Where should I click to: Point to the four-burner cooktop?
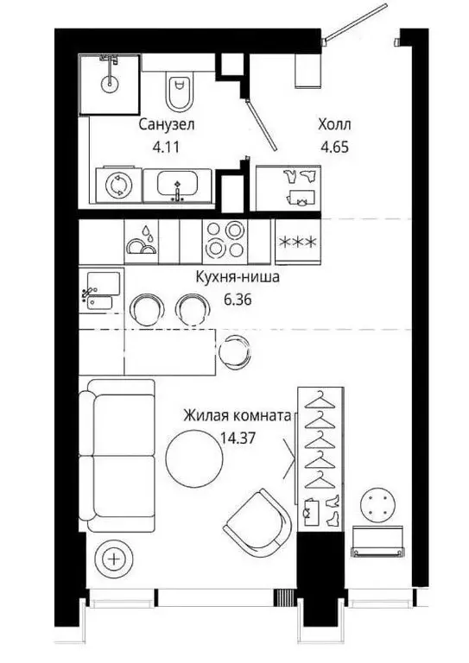[225, 240]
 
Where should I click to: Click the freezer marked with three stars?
[299, 241]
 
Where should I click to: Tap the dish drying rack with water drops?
[143, 241]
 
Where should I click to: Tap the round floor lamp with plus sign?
[112, 558]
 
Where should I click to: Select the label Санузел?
[166, 125]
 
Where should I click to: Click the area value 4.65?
[335, 147]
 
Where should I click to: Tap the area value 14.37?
[237, 437]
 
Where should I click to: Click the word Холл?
[335, 125]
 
